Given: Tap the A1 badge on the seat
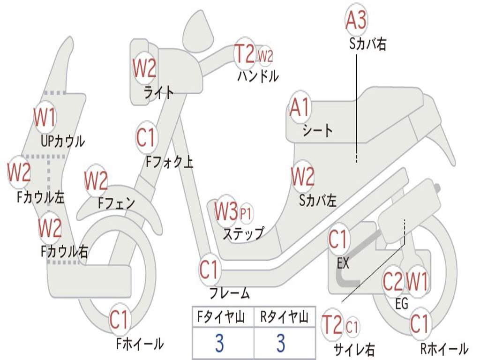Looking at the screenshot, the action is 300,108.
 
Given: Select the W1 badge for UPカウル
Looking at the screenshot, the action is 45,117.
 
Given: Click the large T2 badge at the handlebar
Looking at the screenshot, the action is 245,54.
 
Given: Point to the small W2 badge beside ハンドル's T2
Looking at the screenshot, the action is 265,56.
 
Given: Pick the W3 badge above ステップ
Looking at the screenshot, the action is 226,212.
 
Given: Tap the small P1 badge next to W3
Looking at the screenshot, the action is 246,214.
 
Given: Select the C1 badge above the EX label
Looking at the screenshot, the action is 339,240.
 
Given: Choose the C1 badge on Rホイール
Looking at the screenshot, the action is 419,324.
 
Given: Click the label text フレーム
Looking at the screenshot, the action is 229,294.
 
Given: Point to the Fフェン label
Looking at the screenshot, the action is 116,203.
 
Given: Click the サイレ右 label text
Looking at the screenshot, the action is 354,349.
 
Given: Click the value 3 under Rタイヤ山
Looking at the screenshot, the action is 281,344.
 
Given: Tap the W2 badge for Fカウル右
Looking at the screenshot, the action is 50,228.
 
